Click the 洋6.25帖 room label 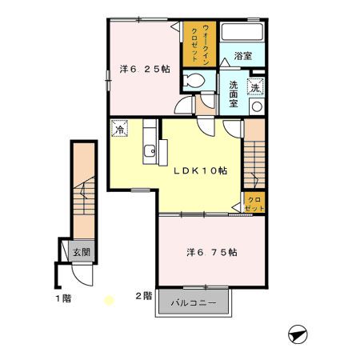click(x=145, y=69)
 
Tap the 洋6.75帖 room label click(x=211, y=252)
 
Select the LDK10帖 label click(x=201, y=170)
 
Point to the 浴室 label click(x=243, y=56)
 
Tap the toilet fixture click(x=192, y=80)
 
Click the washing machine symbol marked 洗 click(x=257, y=87)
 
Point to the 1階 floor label click(x=62, y=298)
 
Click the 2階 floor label click(x=142, y=297)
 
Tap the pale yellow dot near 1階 click(x=110, y=301)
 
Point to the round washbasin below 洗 click(x=257, y=106)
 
